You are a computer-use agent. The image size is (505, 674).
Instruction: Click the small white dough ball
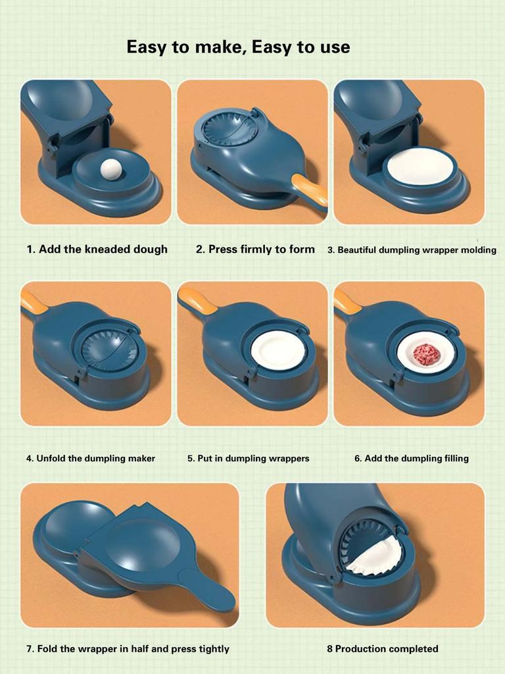click(111, 170)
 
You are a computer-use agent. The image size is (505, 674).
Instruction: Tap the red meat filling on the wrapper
click(426, 354)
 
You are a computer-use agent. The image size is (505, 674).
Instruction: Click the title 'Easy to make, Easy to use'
click(238, 47)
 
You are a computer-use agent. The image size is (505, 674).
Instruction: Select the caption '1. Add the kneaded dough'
click(97, 249)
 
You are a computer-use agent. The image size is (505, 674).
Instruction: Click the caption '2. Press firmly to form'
click(255, 249)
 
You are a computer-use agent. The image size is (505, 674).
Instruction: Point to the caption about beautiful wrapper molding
click(412, 250)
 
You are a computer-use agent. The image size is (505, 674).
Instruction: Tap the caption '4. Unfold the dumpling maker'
click(91, 458)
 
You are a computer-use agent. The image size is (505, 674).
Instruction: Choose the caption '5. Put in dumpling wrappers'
click(248, 458)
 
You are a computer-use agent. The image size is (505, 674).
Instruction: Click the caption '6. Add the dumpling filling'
click(411, 458)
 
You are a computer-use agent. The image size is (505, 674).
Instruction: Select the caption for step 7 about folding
click(128, 649)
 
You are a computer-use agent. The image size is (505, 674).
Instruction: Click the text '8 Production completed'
click(382, 649)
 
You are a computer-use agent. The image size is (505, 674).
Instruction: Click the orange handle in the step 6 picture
click(347, 301)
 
